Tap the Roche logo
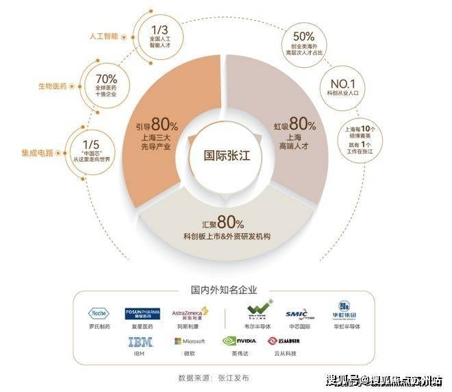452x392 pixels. (x=99, y=313)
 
